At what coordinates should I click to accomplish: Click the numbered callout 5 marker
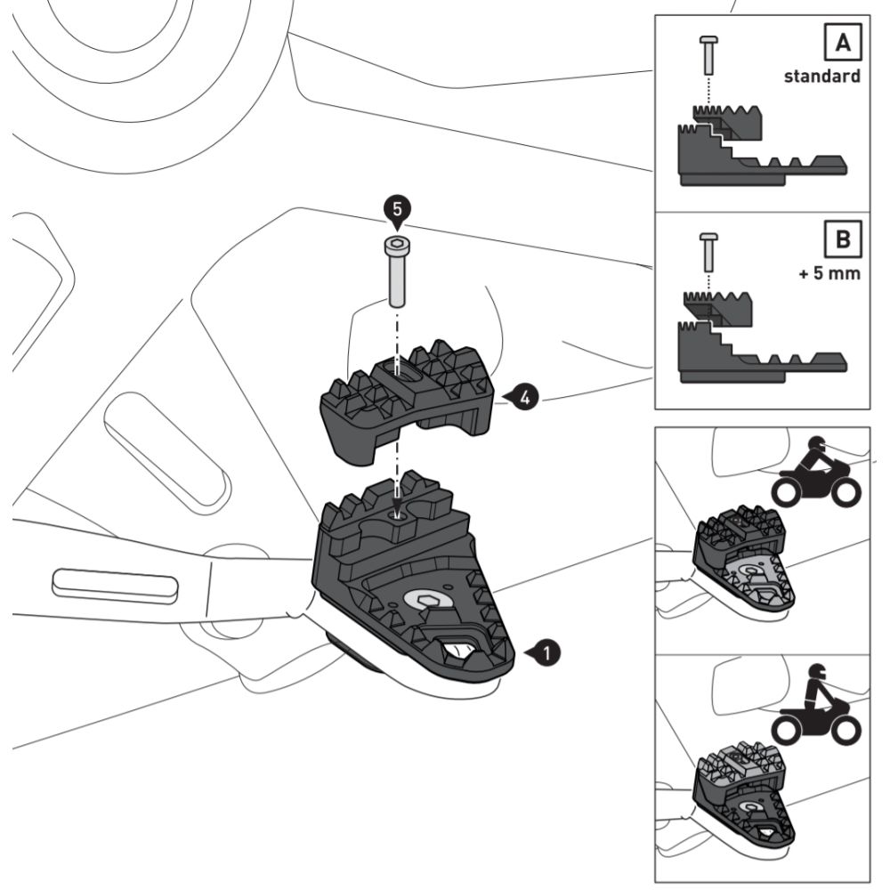(397, 210)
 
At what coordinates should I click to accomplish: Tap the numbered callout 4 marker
(522, 398)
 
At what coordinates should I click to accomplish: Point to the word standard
(821, 77)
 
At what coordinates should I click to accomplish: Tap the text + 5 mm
(829, 273)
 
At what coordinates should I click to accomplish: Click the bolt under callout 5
(396, 271)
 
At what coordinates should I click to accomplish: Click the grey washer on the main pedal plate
(430, 603)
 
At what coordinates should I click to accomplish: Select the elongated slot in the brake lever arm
(116, 584)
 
